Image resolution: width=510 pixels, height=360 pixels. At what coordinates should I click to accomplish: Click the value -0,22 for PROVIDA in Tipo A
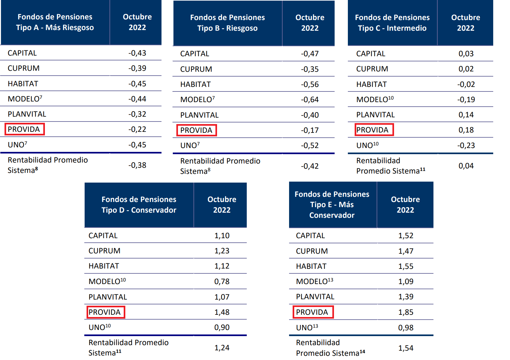[137, 129]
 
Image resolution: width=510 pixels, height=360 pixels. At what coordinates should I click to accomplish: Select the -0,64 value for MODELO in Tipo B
[310, 100]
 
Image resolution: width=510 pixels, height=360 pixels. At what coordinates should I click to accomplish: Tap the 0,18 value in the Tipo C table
[466, 130]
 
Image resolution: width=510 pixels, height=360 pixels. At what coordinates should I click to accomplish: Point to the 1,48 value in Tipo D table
[222, 312]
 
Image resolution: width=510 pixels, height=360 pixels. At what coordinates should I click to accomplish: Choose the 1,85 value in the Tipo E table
[406, 312]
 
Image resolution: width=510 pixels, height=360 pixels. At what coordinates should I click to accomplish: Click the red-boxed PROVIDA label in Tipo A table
[24, 129]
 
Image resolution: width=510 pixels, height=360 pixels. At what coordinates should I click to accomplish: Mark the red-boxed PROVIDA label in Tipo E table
[312, 312]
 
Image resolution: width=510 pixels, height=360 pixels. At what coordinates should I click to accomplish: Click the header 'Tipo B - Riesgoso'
[227, 28]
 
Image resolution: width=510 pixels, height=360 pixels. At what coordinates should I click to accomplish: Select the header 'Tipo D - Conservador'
[139, 210]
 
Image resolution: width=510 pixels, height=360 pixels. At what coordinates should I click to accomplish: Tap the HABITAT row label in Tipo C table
[371, 84]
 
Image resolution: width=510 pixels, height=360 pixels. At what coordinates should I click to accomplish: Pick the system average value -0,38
[137, 165]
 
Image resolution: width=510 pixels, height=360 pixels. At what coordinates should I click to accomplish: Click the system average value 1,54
[406, 348]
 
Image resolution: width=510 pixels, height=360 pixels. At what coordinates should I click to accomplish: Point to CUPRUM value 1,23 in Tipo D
[222, 251]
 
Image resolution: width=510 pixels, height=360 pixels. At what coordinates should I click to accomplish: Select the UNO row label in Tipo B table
[190, 145]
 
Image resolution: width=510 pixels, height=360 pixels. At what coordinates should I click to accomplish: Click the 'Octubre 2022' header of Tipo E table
[405, 205]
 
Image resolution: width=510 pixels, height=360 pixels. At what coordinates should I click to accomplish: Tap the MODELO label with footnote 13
[314, 281]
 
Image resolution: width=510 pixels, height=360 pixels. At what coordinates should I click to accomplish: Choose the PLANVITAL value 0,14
[466, 115]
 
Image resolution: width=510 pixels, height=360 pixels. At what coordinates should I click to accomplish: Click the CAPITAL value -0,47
[310, 54]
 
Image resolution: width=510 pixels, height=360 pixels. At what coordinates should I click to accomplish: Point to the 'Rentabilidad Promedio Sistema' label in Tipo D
[129, 347]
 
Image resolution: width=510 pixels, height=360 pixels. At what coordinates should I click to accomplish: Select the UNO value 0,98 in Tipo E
[406, 328]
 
